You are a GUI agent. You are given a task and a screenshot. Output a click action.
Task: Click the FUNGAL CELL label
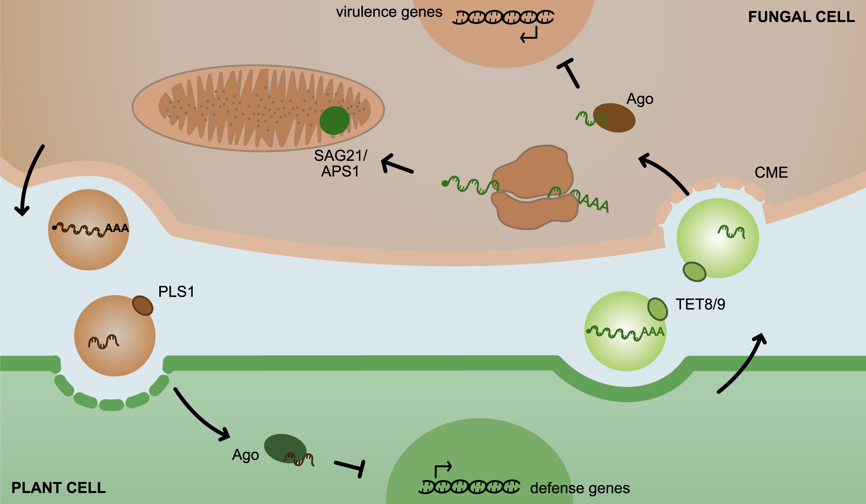point(801,17)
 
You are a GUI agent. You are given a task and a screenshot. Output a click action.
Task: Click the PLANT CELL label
point(59,487)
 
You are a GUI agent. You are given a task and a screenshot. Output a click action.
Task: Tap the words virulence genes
point(389,12)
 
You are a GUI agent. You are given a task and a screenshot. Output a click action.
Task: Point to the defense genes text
point(580,488)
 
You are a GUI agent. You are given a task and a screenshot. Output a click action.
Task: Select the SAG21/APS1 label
point(340,164)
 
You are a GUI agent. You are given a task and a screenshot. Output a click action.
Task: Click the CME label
point(771,173)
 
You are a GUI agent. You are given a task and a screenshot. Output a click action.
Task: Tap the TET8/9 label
point(700,304)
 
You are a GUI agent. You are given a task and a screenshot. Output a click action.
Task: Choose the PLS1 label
point(176,292)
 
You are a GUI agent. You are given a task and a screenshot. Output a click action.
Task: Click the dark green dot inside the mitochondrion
point(334,120)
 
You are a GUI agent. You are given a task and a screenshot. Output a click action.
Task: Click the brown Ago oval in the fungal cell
point(615,118)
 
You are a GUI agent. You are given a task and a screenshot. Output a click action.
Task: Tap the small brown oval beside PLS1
point(142,305)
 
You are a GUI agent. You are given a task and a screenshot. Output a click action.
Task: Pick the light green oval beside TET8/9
point(657,309)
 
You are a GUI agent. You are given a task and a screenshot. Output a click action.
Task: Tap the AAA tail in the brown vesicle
point(117,228)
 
